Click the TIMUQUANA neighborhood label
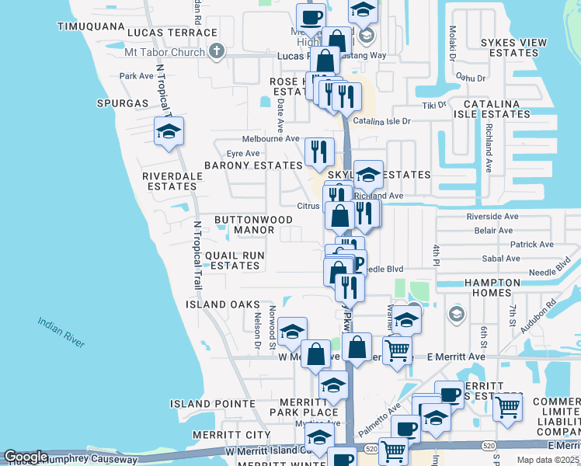91,26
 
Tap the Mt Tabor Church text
165,53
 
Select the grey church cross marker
217,51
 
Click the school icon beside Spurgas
169,132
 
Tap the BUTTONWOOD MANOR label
244,225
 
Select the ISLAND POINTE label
213,404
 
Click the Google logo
26,457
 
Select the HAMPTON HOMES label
499,287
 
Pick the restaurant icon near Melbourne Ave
319,152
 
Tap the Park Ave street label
137,76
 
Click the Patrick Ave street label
531,244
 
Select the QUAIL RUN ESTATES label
235,260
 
